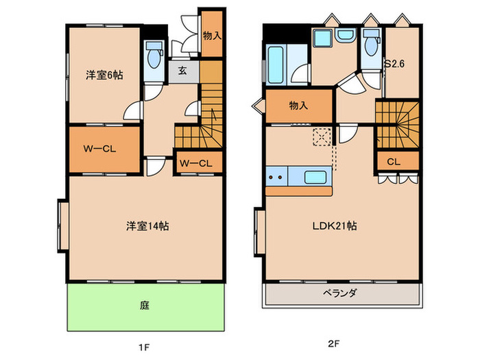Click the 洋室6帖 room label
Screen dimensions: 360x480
(104, 75)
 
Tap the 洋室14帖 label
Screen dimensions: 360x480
(147, 226)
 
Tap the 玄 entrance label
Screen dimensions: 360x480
(183, 70)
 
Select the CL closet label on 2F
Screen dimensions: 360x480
(393, 163)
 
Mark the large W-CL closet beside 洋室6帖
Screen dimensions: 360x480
(99, 149)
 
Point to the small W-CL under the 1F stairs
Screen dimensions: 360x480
(197, 163)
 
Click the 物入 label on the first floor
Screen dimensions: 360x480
(211, 34)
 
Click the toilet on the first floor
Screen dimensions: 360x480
(154, 56)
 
